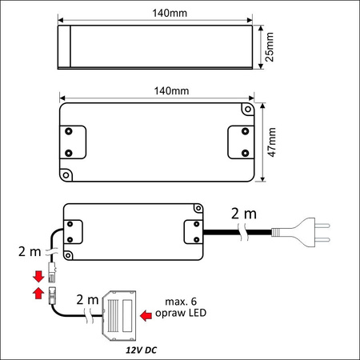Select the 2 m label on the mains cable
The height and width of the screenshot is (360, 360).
point(245,214)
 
